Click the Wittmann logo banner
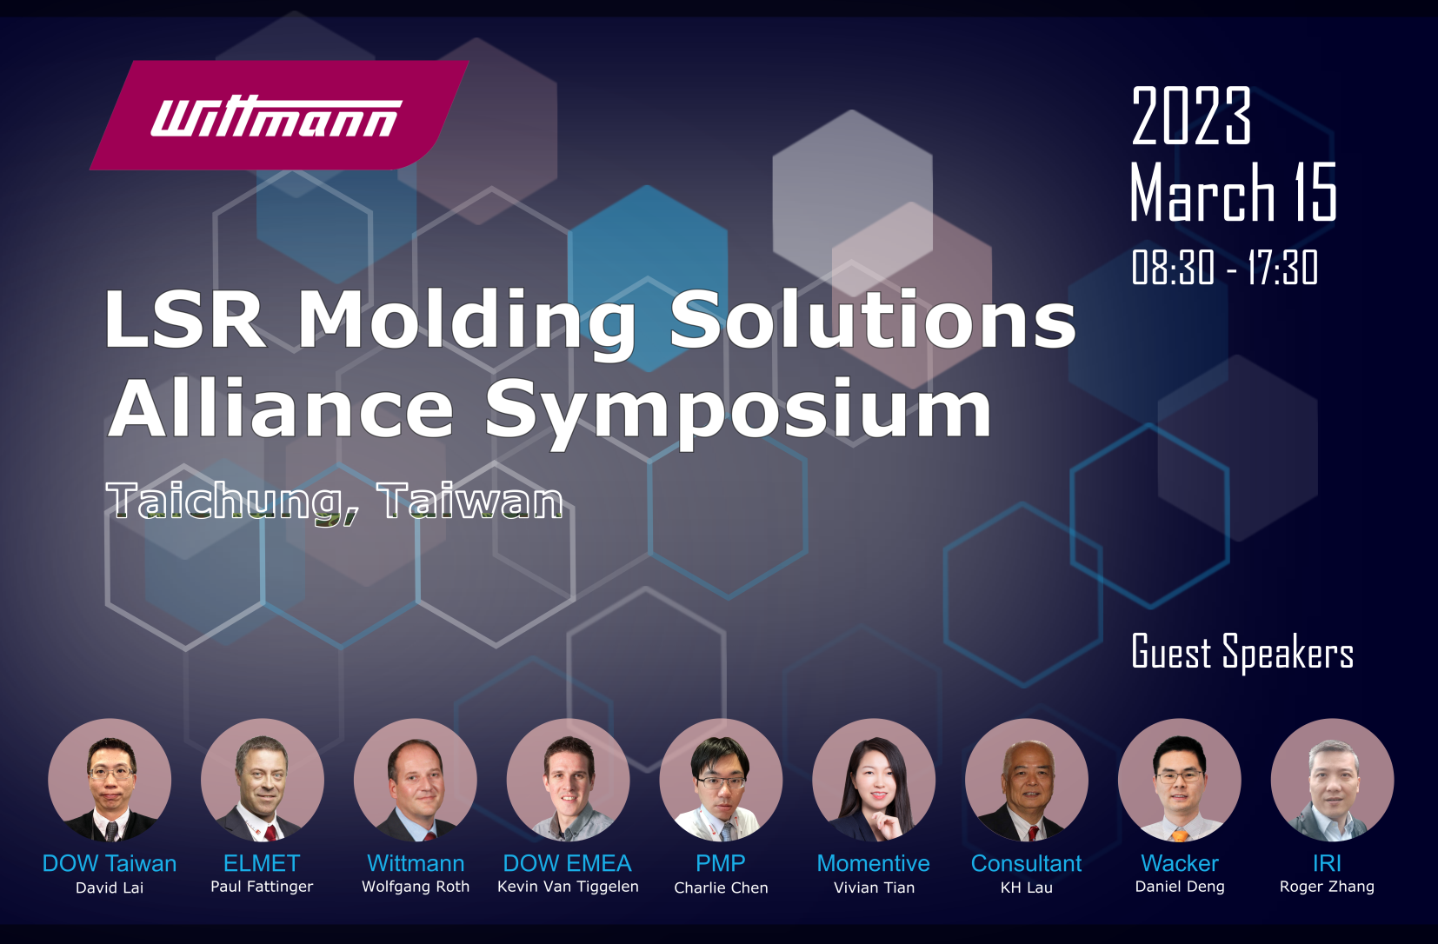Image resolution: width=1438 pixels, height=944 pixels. coord(279,115)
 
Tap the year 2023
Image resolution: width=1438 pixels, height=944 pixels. coord(1191,116)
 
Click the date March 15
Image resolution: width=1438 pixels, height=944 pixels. coord(1233,192)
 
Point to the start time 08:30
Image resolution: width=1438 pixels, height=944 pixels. coord(1173,267)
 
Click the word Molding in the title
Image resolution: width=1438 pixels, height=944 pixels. coord(467,320)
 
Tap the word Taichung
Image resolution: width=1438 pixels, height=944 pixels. coord(233,502)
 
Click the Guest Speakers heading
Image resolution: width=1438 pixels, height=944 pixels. coord(1242,652)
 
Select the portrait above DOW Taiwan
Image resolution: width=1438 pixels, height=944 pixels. coord(110,780)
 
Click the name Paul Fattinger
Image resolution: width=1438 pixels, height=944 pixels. coord(262,887)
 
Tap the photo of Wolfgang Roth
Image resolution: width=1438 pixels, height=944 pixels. coord(416,780)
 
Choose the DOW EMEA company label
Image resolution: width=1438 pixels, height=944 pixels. coord(568,863)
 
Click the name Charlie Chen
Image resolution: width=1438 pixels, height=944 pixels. coord(721,887)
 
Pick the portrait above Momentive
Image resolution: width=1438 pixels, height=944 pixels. coord(874,780)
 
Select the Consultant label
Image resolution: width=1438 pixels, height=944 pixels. coord(1027,863)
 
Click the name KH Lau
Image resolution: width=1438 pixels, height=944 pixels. coord(1027,887)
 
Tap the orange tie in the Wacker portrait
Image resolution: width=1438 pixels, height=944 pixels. coord(1180,834)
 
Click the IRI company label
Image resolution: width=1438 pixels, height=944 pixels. coord(1327,863)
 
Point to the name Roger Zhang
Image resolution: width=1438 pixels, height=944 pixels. coord(1327,887)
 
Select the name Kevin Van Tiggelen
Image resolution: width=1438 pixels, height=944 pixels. coord(568,887)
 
